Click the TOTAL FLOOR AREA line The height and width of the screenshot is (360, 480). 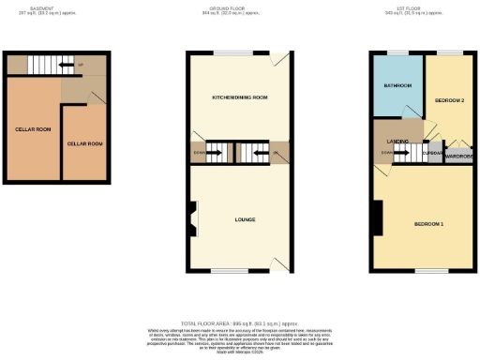[239, 322]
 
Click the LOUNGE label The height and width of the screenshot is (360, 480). [247, 219]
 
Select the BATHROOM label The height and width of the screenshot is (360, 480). [397, 86]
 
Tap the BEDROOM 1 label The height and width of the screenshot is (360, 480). [428, 224]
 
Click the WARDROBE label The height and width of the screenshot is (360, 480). [458, 157]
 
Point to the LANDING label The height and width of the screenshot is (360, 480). [397, 142]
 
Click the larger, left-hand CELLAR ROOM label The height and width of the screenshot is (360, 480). [32, 128]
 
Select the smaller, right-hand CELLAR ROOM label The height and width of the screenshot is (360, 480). [84, 143]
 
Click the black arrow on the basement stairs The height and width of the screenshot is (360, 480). [65, 66]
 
